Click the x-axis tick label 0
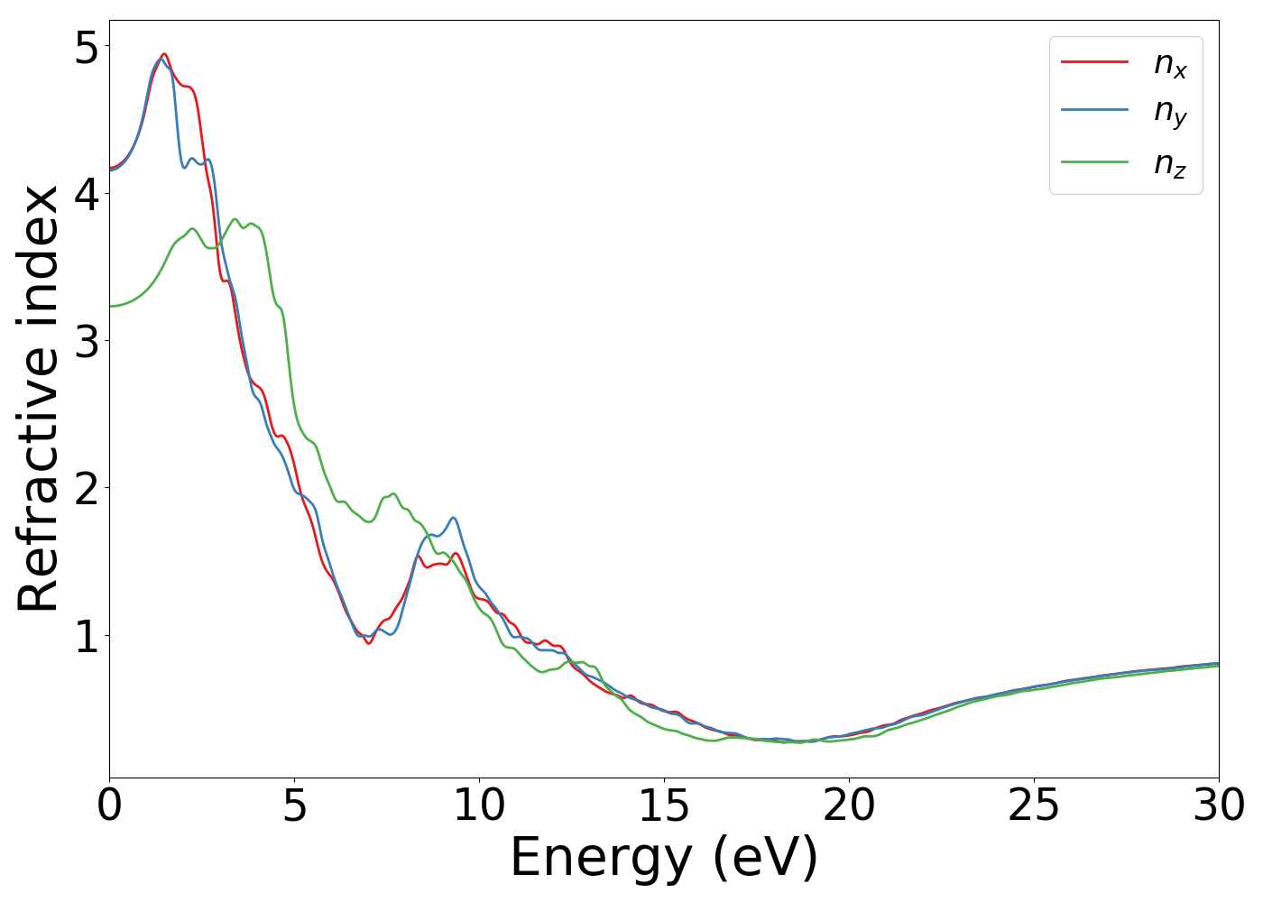(109, 805)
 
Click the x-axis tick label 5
(294, 805)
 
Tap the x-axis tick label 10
(479, 805)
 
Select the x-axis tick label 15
(664, 805)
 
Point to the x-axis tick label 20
(849, 805)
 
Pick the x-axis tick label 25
(1034, 805)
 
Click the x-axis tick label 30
(1219, 805)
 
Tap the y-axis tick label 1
(87, 635)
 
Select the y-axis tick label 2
(87, 488)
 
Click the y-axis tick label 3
(87, 341)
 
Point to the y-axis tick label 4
(87, 194)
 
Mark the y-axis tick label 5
(87, 47)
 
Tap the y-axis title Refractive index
(38, 398)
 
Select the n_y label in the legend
(1170, 112)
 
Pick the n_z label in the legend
(1170, 163)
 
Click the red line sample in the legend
(1094, 61)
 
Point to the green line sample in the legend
(1094, 161)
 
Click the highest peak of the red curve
(164, 54)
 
